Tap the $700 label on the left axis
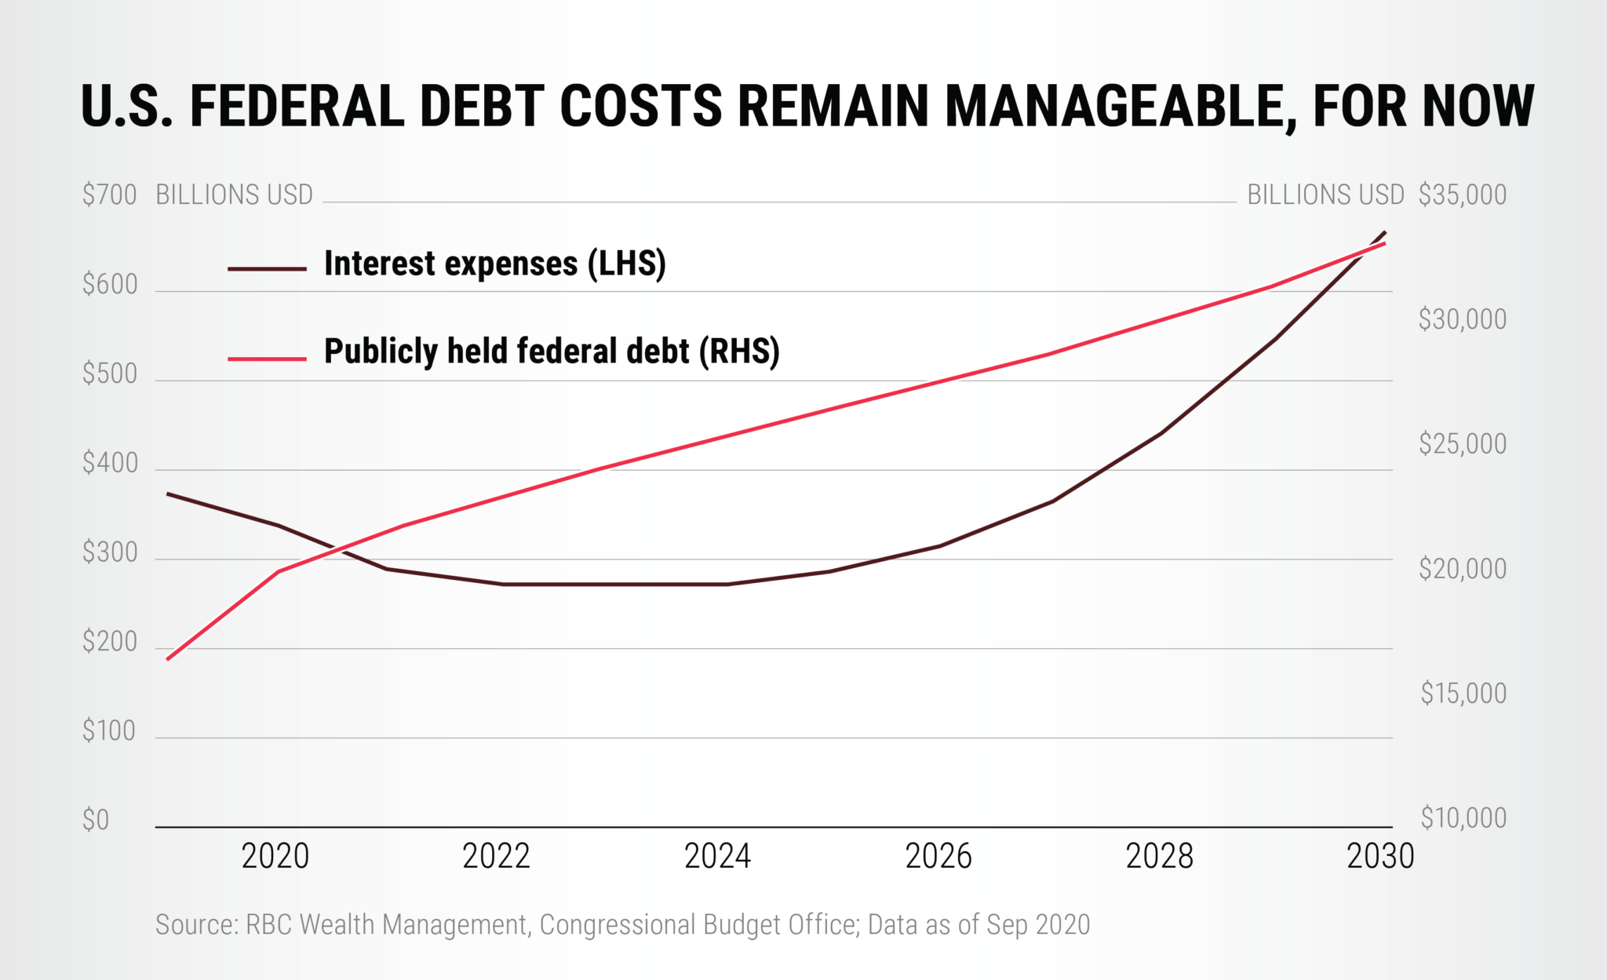pyautogui.click(x=110, y=195)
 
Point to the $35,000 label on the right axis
pyautogui.click(x=1462, y=195)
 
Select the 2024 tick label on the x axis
pyautogui.click(x=717, y=856)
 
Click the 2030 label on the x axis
pyautogui.click(x=1380, y=856)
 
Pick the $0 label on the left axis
pyautogui.click(x=96, y=820)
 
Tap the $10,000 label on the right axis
pyautogui.click(x=1463, y=818)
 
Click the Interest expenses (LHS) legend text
pyautogui.click(x=494, y=264)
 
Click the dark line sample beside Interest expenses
pyautogui.click(x=267, y=268)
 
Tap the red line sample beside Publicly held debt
pyautogui.click(x=267, y=359)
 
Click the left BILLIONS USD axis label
pyautogui.click(x=234, y=195)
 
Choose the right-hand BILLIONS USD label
pyautogui.click(x=1325, y=195)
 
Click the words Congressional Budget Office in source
pyautogui.click(x=698, y=924)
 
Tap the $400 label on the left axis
pyautogui.click(x=110, y=463)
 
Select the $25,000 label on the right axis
pyautogui.click(x=1462, y=444)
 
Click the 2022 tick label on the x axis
pyautogui.click(x=496, y=856)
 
